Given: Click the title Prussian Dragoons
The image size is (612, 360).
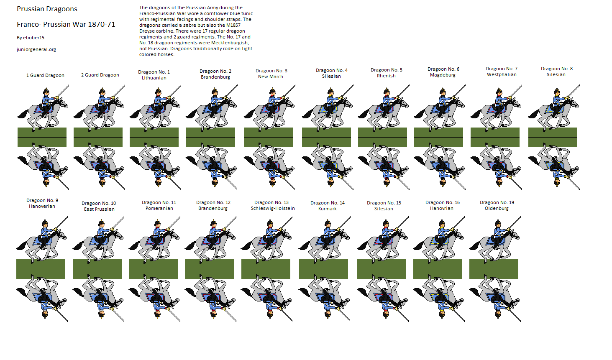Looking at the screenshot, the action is tap(47, 9).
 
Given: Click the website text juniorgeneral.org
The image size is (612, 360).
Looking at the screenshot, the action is tap(36, 49).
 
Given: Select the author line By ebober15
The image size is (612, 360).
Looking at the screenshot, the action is tap(30, 38).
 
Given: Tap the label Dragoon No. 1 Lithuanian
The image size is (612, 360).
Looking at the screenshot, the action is tap(154, 75).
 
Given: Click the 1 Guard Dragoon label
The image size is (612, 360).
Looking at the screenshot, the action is tap(45, 75).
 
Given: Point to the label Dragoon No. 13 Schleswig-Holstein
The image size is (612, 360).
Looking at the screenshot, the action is tap(273, 205).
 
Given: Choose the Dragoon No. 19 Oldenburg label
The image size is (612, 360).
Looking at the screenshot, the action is tap(497, 205).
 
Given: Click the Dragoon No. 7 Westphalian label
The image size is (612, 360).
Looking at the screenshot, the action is tap(502, 71).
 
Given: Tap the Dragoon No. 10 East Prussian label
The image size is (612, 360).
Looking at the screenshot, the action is tap(99, 206).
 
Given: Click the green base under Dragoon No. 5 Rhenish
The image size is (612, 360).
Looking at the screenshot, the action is tap(382, 138).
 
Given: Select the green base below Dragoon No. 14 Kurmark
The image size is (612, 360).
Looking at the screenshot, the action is tap(323, 269).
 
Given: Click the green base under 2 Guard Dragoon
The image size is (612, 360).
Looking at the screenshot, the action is tap(98, 138).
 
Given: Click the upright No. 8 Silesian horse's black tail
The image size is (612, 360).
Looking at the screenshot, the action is tap(533, 114).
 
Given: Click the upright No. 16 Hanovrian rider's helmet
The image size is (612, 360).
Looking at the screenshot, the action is tap(442, 222).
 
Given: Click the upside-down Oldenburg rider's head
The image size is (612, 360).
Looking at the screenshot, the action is tap(498, 314).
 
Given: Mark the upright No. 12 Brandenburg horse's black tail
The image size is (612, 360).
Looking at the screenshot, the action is tap(190, 245).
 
